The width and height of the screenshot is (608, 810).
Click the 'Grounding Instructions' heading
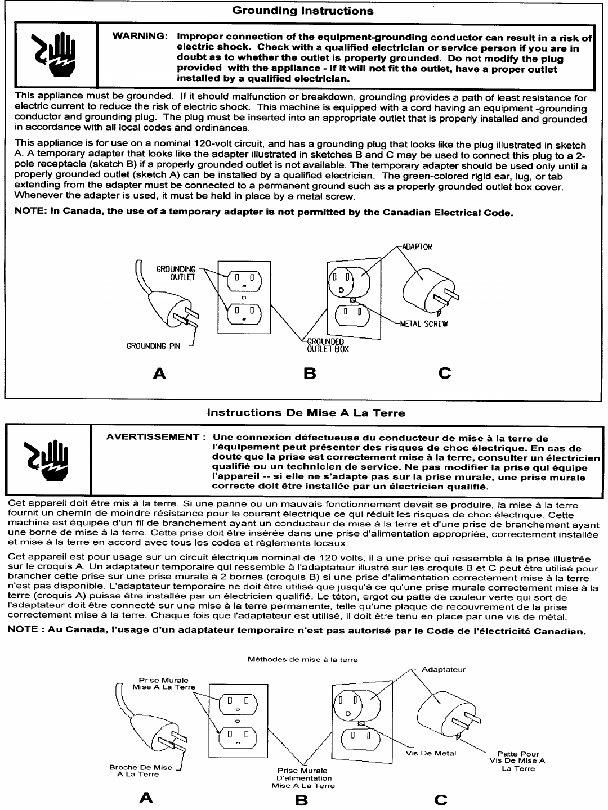point(302,11)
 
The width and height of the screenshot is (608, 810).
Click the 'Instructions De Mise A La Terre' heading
point(306,413)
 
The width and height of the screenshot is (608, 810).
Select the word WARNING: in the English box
point(140,37)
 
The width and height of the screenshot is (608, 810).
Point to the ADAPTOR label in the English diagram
point(417,247)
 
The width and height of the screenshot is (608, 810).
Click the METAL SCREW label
point(423,324)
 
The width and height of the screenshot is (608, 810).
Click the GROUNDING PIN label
point(153,346)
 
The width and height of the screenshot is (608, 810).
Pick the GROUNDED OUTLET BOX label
point(328,345)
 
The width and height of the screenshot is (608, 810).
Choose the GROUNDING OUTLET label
point(176,273)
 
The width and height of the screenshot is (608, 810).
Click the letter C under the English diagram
point(445,373)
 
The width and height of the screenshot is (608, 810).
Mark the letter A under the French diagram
point(146,798)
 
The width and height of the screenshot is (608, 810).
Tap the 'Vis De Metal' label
point(431,753)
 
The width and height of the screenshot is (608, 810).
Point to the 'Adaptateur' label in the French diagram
point(444,669)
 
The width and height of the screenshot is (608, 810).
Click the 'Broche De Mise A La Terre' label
point(141,771)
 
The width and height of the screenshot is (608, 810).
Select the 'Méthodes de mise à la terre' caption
point(303,660)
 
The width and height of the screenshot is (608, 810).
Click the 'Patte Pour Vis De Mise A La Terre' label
point(518,761)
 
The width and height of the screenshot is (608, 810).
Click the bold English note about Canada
point(263,213)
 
